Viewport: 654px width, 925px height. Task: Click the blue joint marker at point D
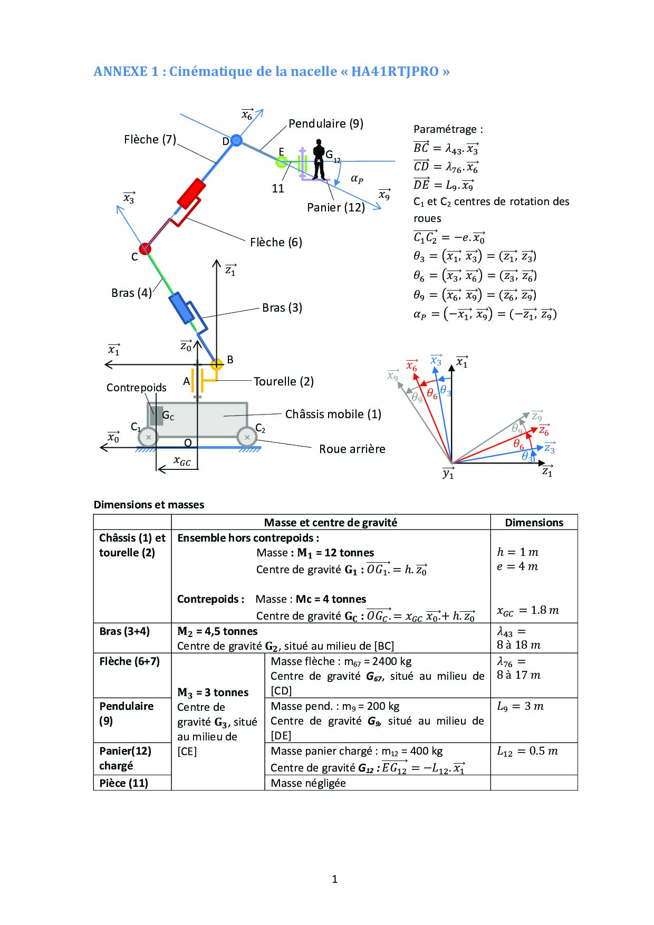click(x=236, y=140)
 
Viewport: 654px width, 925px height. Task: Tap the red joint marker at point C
click(x=145, y=248)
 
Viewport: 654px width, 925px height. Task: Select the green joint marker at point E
click(x=282, y=161)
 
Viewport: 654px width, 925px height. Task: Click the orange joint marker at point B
click(x=216, y=364)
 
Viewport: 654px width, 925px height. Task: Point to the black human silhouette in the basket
click(x=319, y=159)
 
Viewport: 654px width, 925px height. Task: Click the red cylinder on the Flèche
click(x=190, y=194)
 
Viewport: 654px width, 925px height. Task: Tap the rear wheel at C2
click(x=247, y=437)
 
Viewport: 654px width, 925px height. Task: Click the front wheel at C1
click(x=148, y=437)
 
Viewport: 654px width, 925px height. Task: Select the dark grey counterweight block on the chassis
click(x=156, y=416)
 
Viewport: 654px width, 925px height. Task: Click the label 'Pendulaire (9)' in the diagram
click(x=325, y=123)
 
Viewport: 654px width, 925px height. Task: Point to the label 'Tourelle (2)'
click(x=283, y=381)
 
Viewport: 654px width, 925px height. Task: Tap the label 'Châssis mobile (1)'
click(x=333, y=414)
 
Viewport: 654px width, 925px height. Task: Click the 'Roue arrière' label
click(x=352, y=449)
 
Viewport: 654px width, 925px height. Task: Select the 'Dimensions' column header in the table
click(x=534, y=523)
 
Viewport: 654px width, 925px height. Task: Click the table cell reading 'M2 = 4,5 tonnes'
click(x=217, y=631)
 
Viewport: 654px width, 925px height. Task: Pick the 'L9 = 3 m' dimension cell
click(x=520, y=706)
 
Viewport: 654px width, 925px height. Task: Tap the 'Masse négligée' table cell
click(x=308, y=783)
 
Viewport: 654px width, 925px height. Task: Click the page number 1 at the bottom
click(x=334, y=879)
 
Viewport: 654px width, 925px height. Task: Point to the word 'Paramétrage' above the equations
click(x=447, y=129)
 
